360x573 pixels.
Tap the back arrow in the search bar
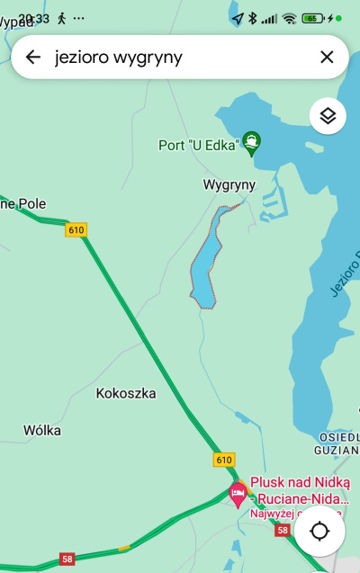click(x=33, y=58)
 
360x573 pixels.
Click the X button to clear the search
click(x=327, y=58)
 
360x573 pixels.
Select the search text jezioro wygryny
click(x=119, y=58)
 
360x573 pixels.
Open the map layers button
click(x=328, y=115)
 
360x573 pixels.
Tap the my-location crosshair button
click(x=319, y=531)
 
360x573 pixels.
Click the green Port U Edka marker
click(x=253, y=141)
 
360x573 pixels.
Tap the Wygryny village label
click(x=229, y=184)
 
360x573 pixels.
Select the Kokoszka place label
click(x=126, y=393)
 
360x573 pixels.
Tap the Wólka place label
click(x=42, y=430)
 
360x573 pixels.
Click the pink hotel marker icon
click(x=238, y=492)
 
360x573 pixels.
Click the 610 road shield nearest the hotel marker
click(x=224, y=460)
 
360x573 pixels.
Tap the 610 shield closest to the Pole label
click(x=76, y=230)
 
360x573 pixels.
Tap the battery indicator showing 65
click(x=313, y=18)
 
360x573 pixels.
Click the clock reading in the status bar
click(x=34, y=18)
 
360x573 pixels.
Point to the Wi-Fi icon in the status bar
click(x=289, y=18)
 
